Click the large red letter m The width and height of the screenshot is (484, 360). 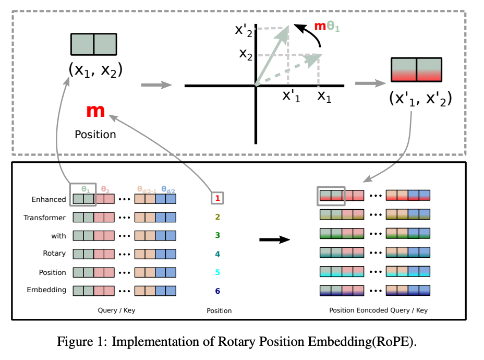coord(96,111)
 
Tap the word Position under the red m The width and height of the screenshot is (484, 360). coord(95,135)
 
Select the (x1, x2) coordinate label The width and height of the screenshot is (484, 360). coord(95,69)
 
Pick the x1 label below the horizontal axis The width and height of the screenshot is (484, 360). coord(324,96)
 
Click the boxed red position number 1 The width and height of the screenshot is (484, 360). coord(218,198)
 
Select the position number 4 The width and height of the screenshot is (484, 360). coord(218,254)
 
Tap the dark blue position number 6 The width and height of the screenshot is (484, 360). coord(218,290)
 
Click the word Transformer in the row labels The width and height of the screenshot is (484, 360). coord(45,218)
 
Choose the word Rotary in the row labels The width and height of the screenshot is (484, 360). coord(54,254)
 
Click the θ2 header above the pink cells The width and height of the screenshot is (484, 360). coord(105,189)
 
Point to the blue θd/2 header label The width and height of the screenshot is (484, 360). coord(167,189)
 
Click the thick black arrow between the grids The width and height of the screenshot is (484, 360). coord(274,240)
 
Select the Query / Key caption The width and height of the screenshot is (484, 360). coord(116,310)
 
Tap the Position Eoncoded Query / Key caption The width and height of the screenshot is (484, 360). coord(378,310)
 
